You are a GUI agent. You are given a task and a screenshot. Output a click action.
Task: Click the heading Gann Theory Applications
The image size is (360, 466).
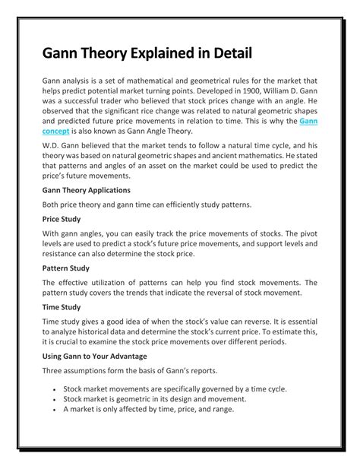(x=86, y=189)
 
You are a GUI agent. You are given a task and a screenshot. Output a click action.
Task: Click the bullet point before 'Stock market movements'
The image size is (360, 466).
(x=55, y=388)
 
